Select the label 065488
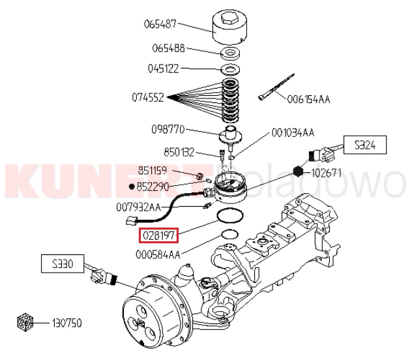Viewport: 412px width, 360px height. tap(168, 48)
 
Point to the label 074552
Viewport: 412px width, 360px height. tap(148, 98)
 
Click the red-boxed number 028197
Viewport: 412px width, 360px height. tap(157, 233)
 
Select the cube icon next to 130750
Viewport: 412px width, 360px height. tap(25, 322)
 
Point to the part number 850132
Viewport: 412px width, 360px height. tap(179, 153)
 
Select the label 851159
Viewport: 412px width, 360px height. tap(153, 171)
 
